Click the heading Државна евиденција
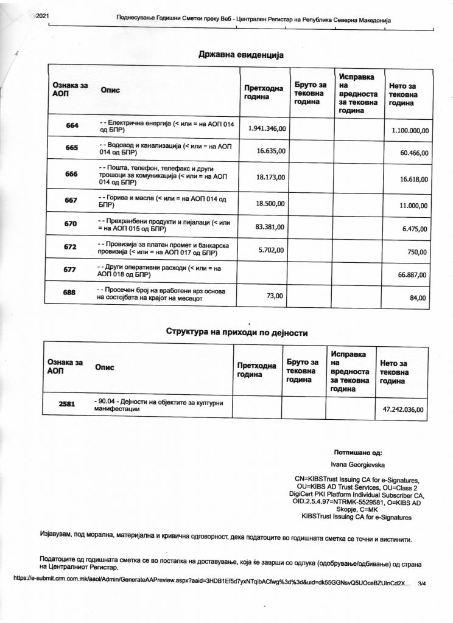241,55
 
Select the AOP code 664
72,125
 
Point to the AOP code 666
72,174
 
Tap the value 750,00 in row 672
418,252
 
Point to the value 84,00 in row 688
418,298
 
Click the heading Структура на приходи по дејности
237,333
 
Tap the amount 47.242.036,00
402,410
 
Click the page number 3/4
423,583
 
